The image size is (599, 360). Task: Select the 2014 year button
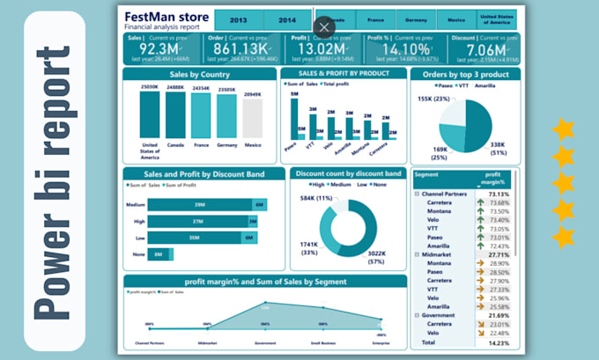286,20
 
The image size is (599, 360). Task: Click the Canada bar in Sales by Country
175,115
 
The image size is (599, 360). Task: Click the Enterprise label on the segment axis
380,343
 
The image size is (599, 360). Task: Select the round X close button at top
324,27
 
